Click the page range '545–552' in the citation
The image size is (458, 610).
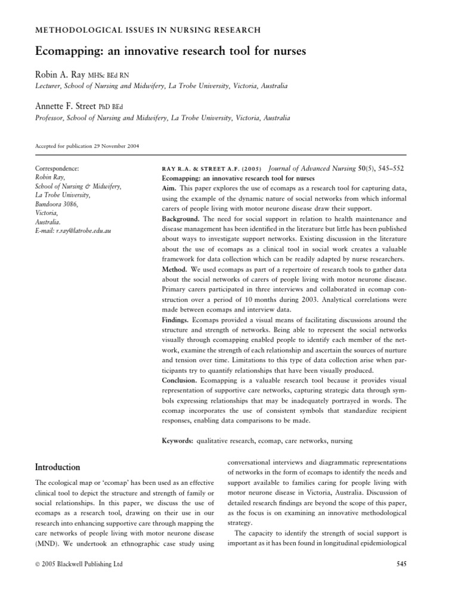[x=389, y=169]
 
